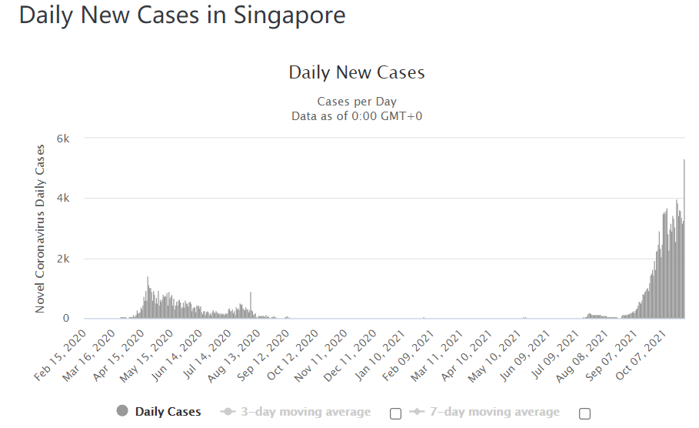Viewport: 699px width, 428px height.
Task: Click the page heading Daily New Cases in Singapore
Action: [182, 15]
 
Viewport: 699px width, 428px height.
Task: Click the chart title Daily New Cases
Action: [357, 73]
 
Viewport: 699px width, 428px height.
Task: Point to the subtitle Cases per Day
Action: [357, 102]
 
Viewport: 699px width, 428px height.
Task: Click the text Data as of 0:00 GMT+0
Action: [357, 116]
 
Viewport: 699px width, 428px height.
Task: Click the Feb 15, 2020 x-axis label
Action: [62, 356]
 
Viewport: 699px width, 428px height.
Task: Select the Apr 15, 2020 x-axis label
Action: [123, 356]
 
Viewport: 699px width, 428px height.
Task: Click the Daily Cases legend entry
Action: [159, 412]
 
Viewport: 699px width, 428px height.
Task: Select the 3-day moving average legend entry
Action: [295, 412]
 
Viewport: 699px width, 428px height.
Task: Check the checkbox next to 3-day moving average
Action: [395, 413]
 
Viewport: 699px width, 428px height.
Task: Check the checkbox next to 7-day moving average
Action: [584, 413]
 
